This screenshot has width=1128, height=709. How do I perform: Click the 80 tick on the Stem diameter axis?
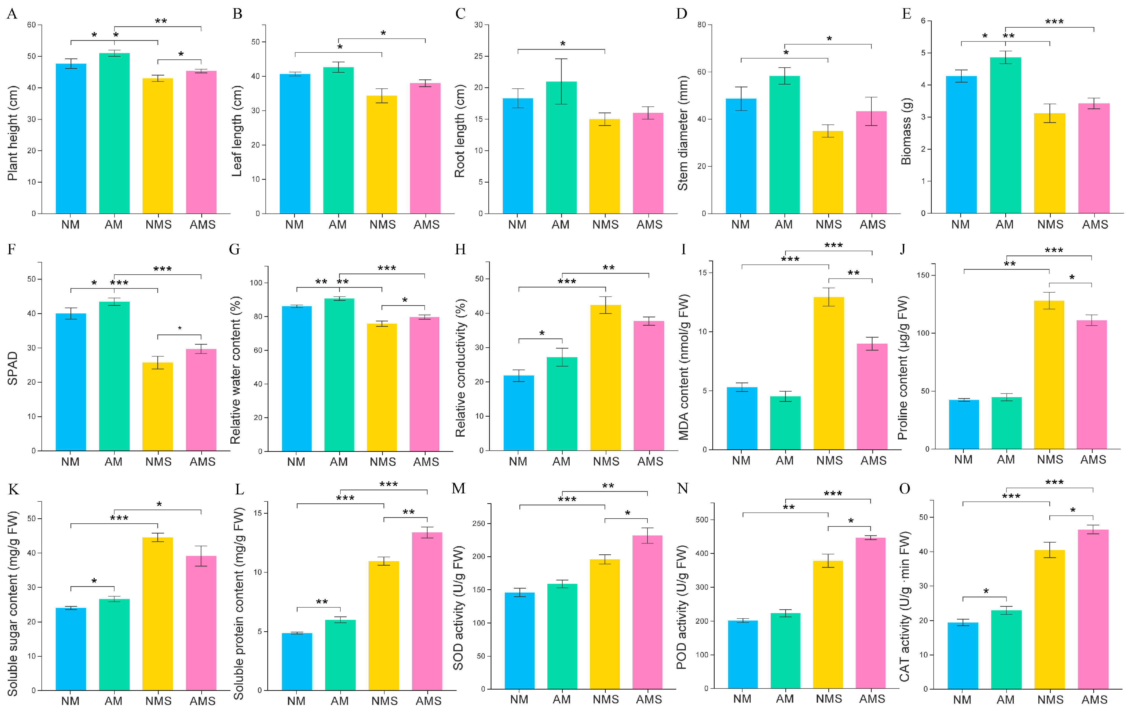point(701,25)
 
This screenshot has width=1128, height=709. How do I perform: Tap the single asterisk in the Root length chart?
point(563,44)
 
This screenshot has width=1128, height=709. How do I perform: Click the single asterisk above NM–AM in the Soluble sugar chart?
point(94,581)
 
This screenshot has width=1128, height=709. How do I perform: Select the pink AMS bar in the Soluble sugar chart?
point(201,623)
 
